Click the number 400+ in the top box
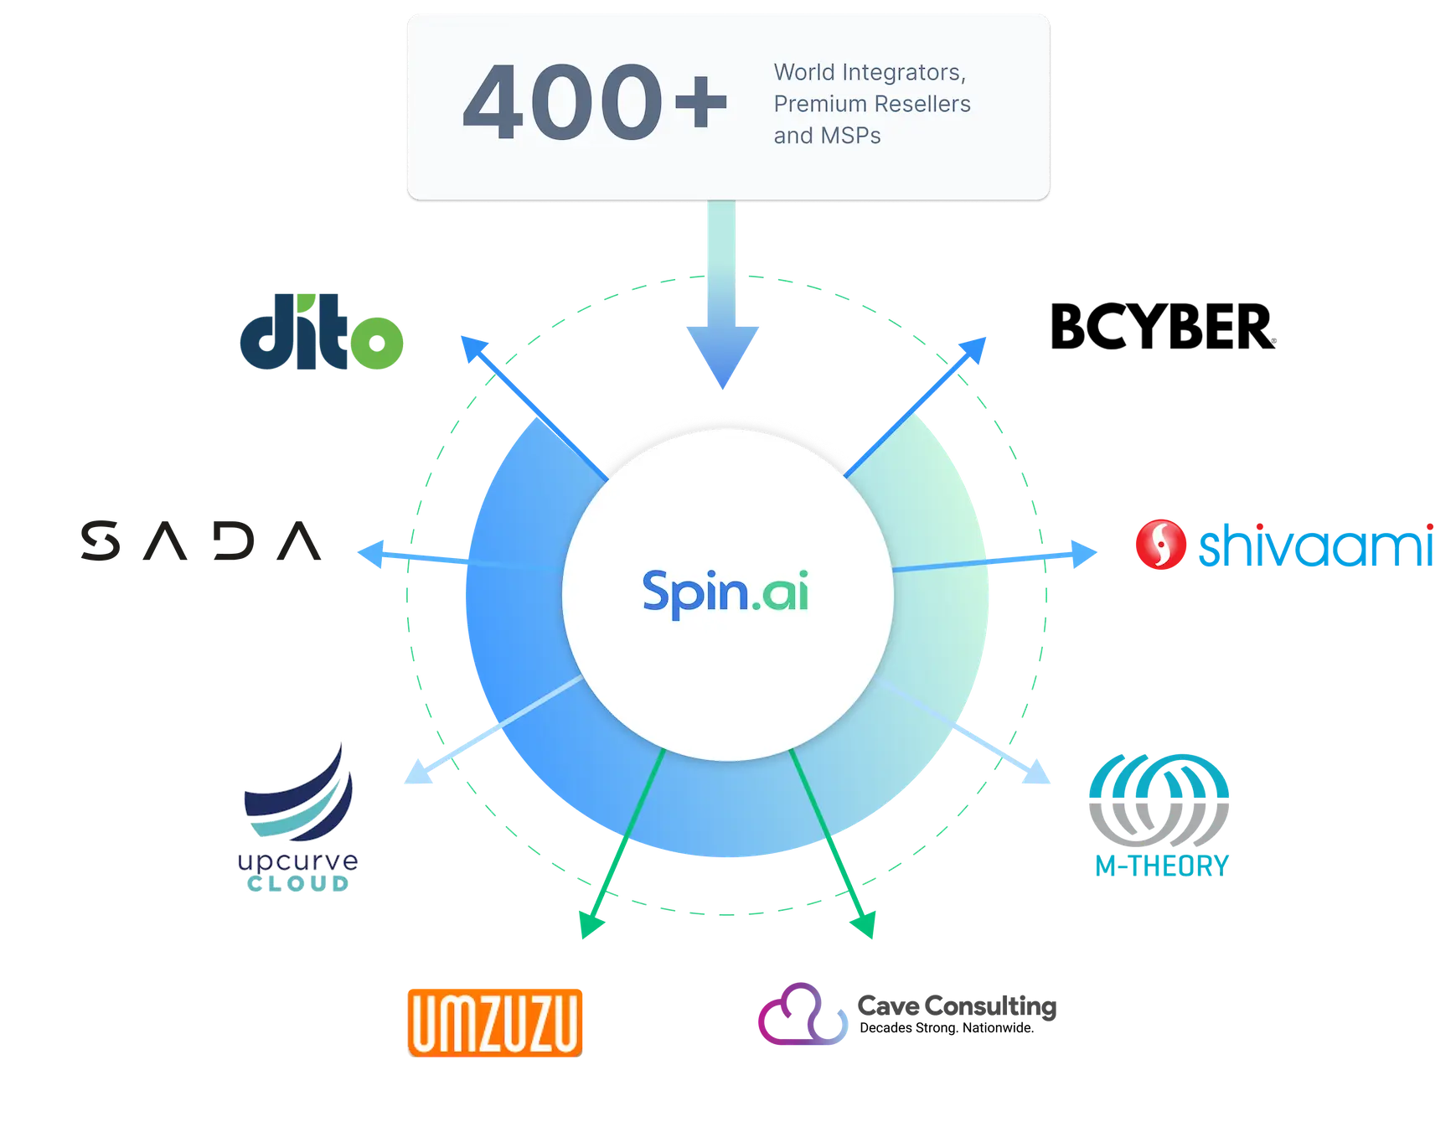(x=595, y=103)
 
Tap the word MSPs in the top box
(x=850, y=136)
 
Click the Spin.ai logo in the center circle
(x=725, y=592)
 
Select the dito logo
(x=323, y=333)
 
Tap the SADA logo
(x=201, y=542)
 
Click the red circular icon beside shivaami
(x=1160, y=545)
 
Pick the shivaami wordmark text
(x=1315, y=545)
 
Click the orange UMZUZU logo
(x=495, y=1021)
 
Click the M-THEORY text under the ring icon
(x=1161, y=865)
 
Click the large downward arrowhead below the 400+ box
(x=723, y=356)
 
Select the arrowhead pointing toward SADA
(x=373, y=554)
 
